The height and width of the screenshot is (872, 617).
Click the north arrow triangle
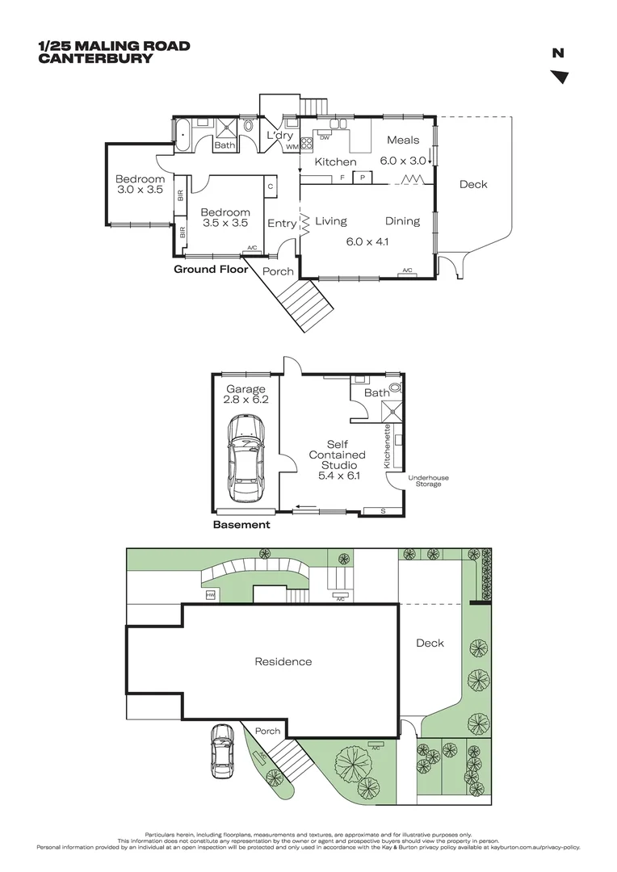[560, 77]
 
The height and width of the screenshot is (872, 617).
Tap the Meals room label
[403, 140]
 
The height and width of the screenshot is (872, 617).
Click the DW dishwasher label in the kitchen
[325, 138]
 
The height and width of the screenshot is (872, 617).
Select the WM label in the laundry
[292, 147]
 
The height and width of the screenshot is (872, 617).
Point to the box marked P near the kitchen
[363, 177]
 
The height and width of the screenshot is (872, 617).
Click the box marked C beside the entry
[271, 187]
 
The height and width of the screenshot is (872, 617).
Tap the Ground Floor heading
[211, 270]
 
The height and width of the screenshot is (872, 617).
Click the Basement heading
[241, 525]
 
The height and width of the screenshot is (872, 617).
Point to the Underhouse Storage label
[428, 481]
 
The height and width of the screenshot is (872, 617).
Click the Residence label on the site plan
[283, 662]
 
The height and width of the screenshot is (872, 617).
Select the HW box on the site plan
[210, 595]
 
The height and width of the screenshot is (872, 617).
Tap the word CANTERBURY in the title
[95, 58]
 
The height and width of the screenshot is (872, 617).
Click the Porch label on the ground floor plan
[278, 272]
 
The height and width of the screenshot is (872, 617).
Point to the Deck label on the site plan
[430, 644]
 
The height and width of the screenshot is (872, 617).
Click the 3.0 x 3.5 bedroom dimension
[139, 191]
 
